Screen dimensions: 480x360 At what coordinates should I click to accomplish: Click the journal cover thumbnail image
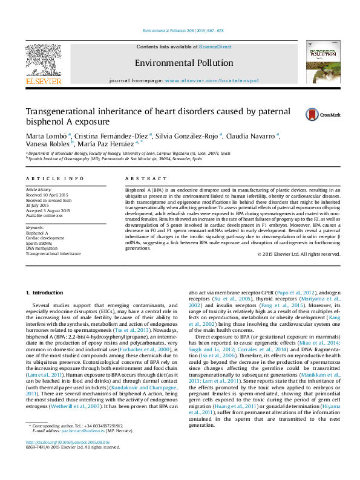(x=323, y=62)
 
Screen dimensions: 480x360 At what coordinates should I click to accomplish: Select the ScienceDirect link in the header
(x=215, y=47)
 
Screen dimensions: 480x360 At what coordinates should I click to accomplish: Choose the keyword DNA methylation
(x=42, y=249)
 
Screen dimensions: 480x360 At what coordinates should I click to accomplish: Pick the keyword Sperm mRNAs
(x=40, y=244)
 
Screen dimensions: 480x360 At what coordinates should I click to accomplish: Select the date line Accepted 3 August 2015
(x=48, y=210)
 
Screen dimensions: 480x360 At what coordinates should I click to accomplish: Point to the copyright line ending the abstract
(x=298, y=254)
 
